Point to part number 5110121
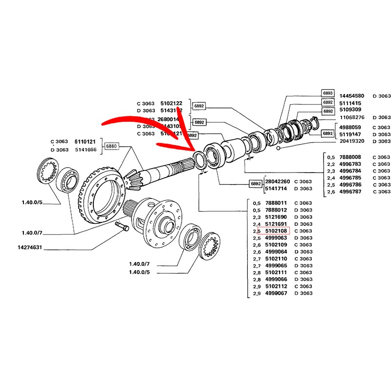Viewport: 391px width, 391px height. pyautogui.click(x=84, y=142)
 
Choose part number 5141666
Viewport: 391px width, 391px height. pyautogui.click(x=84, y=150)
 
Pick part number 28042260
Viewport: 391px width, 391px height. pyautogui.click(x=277, y=181)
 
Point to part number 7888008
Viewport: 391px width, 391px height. pyautogui.click(x=351, y=157)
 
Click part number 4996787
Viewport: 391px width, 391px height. pyautogui.click(x=351, y=192)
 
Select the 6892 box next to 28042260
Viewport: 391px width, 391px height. pyautogui.click(x=256, y=184)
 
